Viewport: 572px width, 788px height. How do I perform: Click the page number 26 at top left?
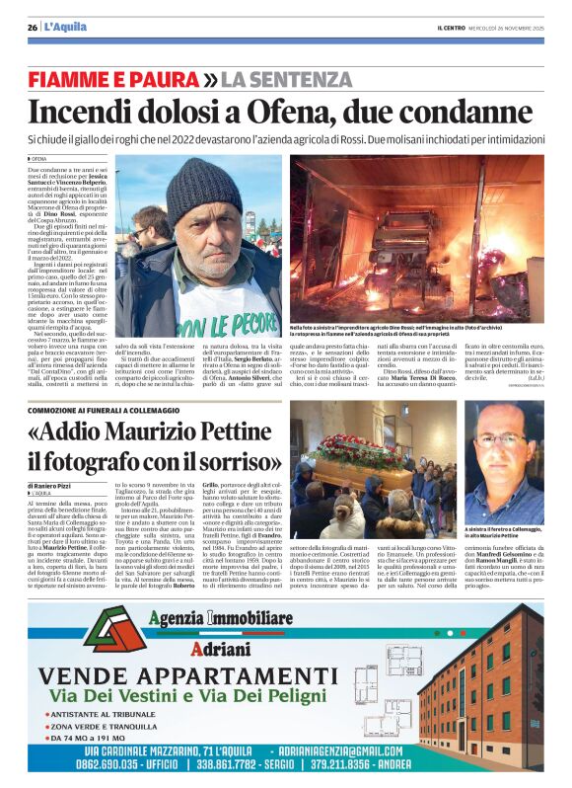click(x=32, y=28)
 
